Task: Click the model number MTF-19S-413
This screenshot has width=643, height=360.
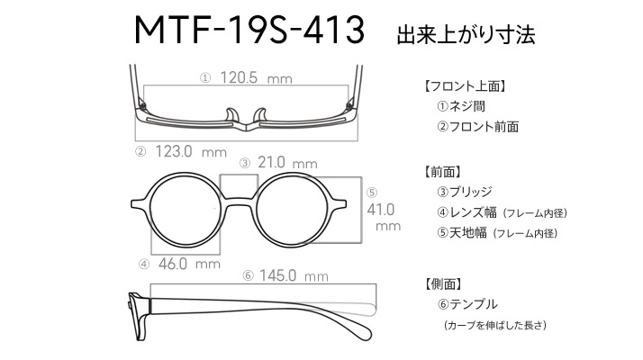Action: [x=249, y=30]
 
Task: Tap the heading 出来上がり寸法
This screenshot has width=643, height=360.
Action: [x=466, y=35]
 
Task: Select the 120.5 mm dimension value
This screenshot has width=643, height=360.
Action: [x=257, y=77]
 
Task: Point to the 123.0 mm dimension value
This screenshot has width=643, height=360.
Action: [x=191, y=152]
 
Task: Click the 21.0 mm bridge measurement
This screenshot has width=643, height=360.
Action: [x=287, y=163]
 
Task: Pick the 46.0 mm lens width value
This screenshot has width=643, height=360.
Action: [x=189, y=264]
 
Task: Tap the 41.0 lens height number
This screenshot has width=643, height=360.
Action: [x=381, y=210]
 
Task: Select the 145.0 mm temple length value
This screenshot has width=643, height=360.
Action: [x=294, y=275]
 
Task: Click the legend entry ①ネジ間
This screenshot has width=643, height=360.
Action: [x=461, y=106]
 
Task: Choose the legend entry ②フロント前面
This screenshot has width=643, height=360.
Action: [x=477, y=127]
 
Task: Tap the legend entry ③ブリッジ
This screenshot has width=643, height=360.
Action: [x=464, y=192]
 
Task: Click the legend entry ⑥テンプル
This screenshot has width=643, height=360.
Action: [x=467, y=304]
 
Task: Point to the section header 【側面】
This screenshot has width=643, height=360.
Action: [x=443, y=283]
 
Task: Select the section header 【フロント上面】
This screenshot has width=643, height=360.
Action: [x=465, y=86]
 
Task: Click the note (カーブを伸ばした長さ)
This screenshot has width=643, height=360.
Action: [x=495, y=325]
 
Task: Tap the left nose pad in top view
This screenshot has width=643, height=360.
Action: [x=231, y=115]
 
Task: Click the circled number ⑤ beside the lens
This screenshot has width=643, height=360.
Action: [x=372, y=193]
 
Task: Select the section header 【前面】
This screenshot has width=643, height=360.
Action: [x=443, y=172]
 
